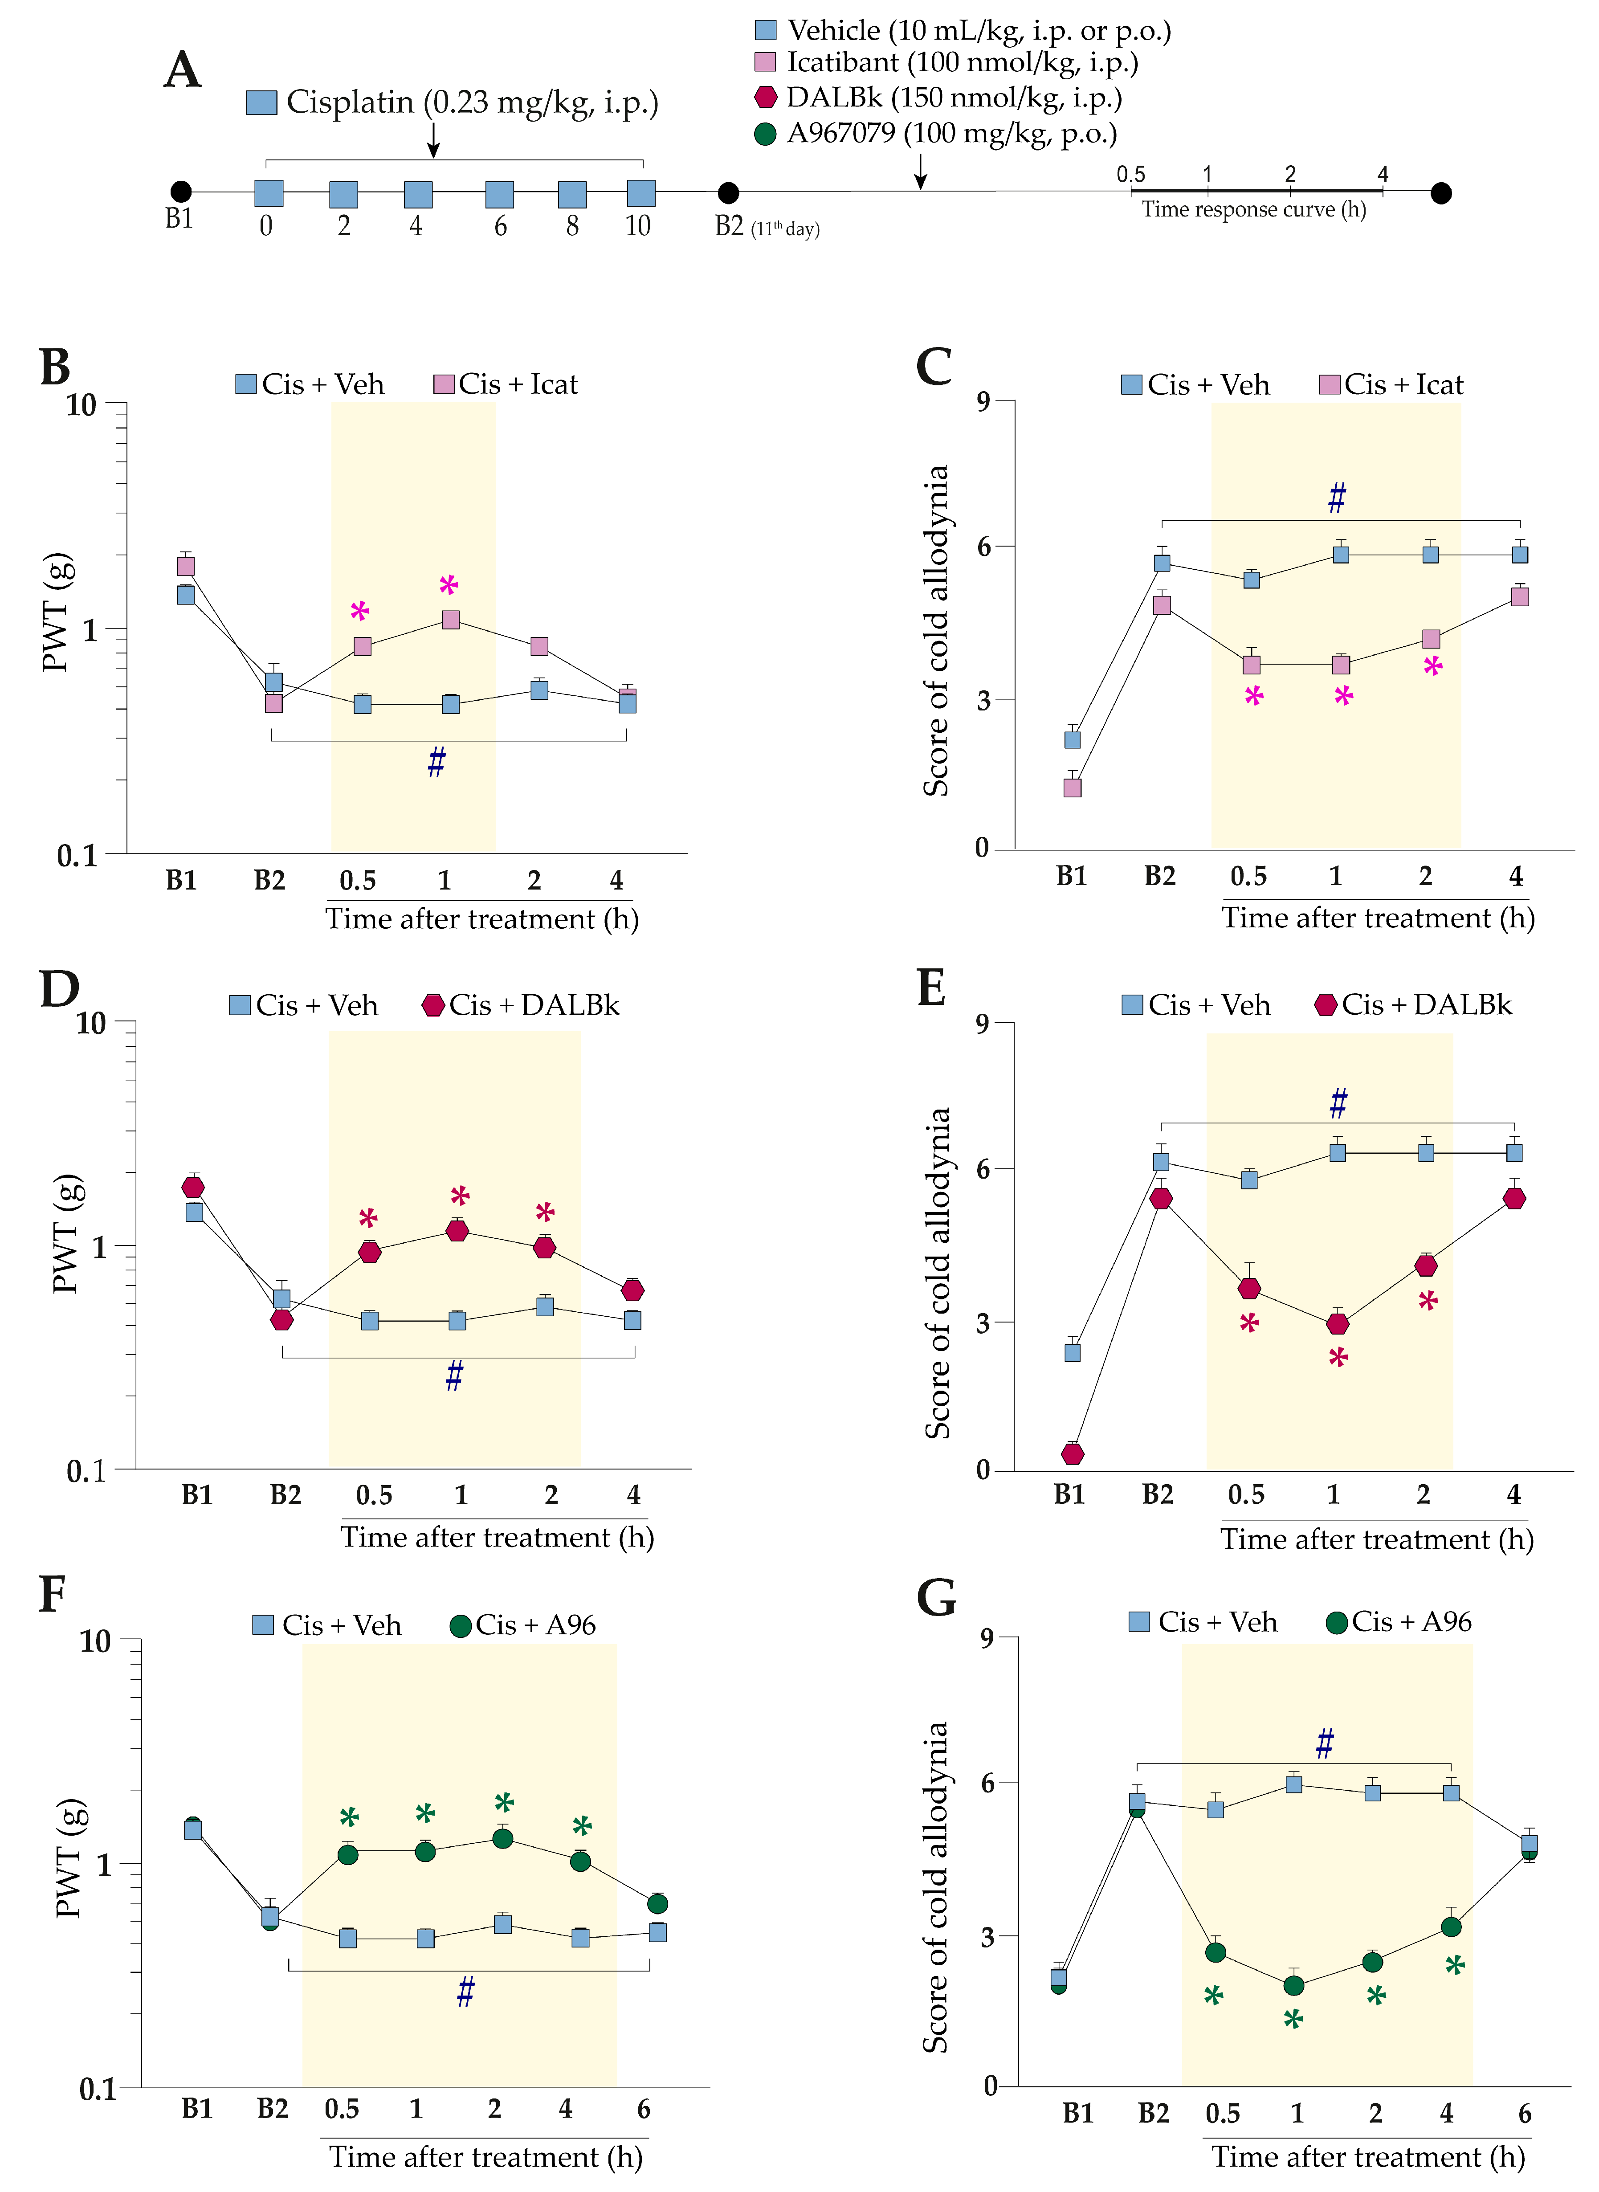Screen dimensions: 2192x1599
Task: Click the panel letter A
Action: (183, 71)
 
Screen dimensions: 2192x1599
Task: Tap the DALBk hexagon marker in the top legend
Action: (766, 98)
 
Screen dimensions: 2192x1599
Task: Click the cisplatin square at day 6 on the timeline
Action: (499, 195)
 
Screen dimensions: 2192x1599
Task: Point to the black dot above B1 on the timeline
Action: (180, 192)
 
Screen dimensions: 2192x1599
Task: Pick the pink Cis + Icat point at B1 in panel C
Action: (1073, 788)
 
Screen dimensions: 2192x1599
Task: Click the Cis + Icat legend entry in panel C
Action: (1392, 385)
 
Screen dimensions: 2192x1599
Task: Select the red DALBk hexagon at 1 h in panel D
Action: (458, 1230)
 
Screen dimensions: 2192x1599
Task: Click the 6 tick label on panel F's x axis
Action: (644, 2109)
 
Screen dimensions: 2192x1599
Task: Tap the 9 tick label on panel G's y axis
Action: (987, 1637)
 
